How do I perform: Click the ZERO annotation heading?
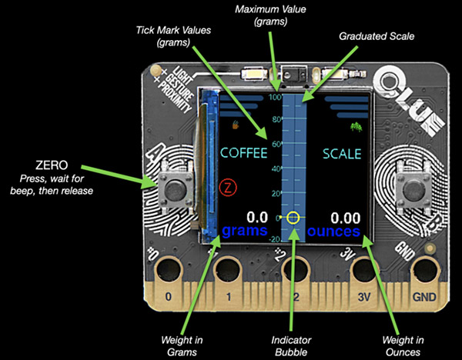pos(52,165)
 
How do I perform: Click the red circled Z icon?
pos(226,185)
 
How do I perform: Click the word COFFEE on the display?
pos(244,153)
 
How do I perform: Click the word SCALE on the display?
pos(342,153)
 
